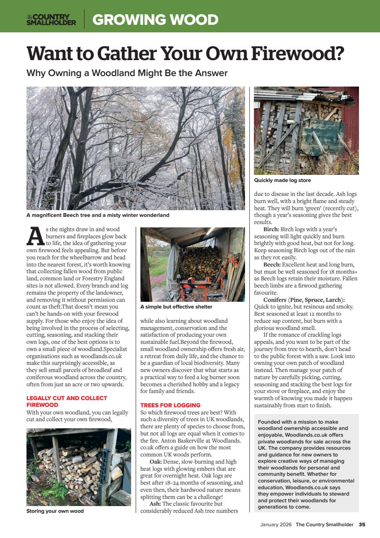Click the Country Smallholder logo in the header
point(51,19)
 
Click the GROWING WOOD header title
point(155,20)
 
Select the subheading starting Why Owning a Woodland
point(127,73)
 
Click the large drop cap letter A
point(35,237)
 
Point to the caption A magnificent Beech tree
point(98,215)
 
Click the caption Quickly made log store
point(282,180)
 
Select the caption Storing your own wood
point(55,511)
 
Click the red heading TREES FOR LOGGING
point(170,405)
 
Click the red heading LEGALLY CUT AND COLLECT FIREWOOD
point(66,401)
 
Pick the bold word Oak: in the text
point(156,462)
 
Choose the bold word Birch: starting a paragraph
point(271,229)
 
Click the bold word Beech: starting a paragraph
point(272,264)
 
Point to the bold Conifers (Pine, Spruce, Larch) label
point(304,300)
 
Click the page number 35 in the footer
point(362,525)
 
